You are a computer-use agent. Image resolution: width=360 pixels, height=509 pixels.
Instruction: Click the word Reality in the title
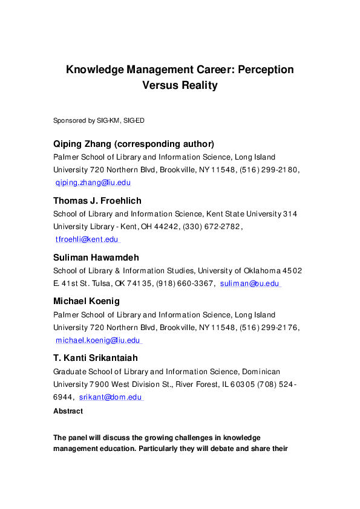coord(196,85)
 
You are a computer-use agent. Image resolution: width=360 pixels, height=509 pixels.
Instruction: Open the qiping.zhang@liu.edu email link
coord(93,182)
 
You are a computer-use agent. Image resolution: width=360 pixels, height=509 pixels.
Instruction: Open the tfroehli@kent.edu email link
coord(87,239)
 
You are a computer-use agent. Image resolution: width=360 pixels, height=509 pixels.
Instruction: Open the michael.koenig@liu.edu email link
coord(99,340)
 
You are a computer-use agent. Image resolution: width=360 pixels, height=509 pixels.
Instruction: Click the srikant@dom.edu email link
coord(111,397)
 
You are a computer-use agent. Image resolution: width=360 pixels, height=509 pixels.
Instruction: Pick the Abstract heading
coord(68,411)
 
